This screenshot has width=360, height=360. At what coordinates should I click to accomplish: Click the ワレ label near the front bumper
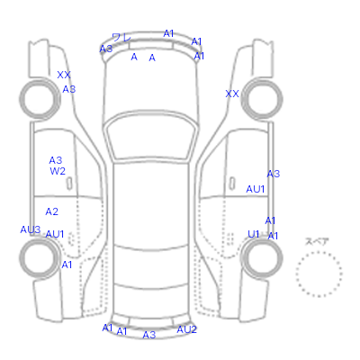coord(121,38)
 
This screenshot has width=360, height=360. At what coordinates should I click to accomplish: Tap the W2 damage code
coord(58,171)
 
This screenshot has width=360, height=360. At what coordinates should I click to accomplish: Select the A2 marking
coord(51,211)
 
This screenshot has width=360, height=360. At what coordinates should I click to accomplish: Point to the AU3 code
coord(31,229)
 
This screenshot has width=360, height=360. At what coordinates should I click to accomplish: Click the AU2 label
coord(186,329)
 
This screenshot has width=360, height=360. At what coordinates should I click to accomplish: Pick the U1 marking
coord(254,234)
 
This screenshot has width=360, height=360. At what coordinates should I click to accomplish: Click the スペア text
coord(317,241)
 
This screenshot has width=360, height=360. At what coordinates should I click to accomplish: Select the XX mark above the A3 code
coord(64,75)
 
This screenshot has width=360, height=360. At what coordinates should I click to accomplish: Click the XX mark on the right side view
coord(232,94)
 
